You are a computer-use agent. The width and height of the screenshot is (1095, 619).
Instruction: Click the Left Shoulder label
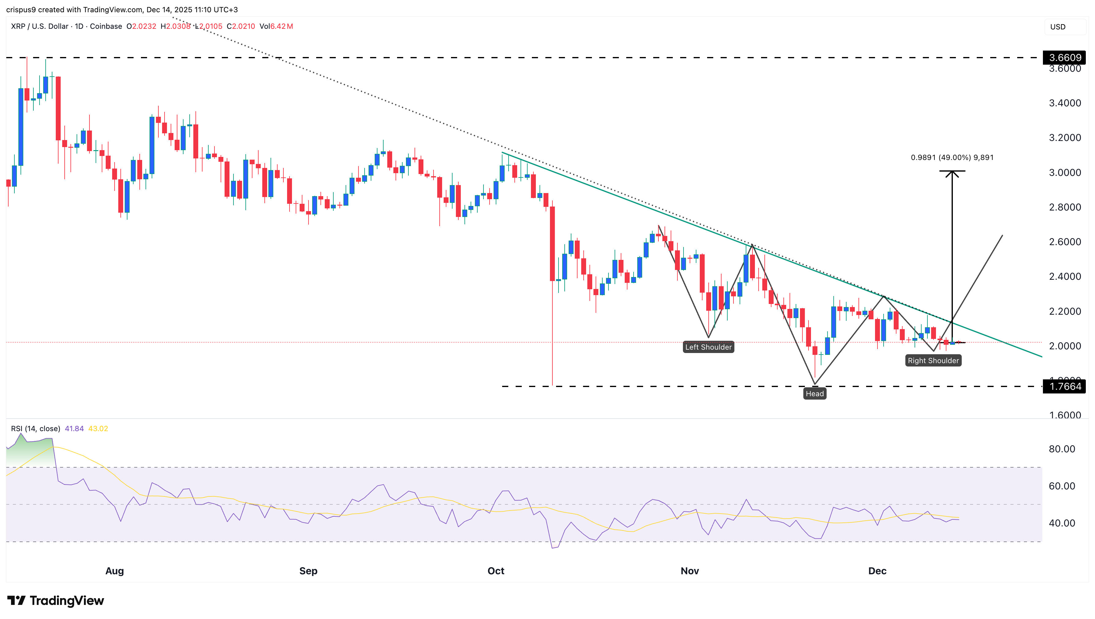(708, 347)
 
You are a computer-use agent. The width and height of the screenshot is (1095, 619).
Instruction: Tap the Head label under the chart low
(814, 394)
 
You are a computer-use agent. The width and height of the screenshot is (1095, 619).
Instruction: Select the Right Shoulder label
(933, 360)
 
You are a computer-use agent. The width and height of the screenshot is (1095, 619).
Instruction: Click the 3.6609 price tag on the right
(1064, 57)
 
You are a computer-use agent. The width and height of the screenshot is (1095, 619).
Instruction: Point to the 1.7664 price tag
(1064, 386)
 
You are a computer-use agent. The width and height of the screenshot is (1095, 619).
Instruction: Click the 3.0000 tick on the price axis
(1064, 173)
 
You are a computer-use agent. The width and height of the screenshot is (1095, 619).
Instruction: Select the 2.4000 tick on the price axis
(1064, 276)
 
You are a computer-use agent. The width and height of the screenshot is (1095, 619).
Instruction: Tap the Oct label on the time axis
(496, 571)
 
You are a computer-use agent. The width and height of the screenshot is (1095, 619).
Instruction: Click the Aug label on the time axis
(114, 571)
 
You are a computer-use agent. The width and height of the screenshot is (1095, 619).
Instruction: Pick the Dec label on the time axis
(877, 571)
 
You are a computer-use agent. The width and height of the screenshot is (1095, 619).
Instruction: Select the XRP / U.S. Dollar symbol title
(40, 26)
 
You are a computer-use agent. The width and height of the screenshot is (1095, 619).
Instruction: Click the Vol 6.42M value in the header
(276, 26)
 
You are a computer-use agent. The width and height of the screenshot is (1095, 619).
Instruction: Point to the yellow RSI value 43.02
(98, 428)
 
